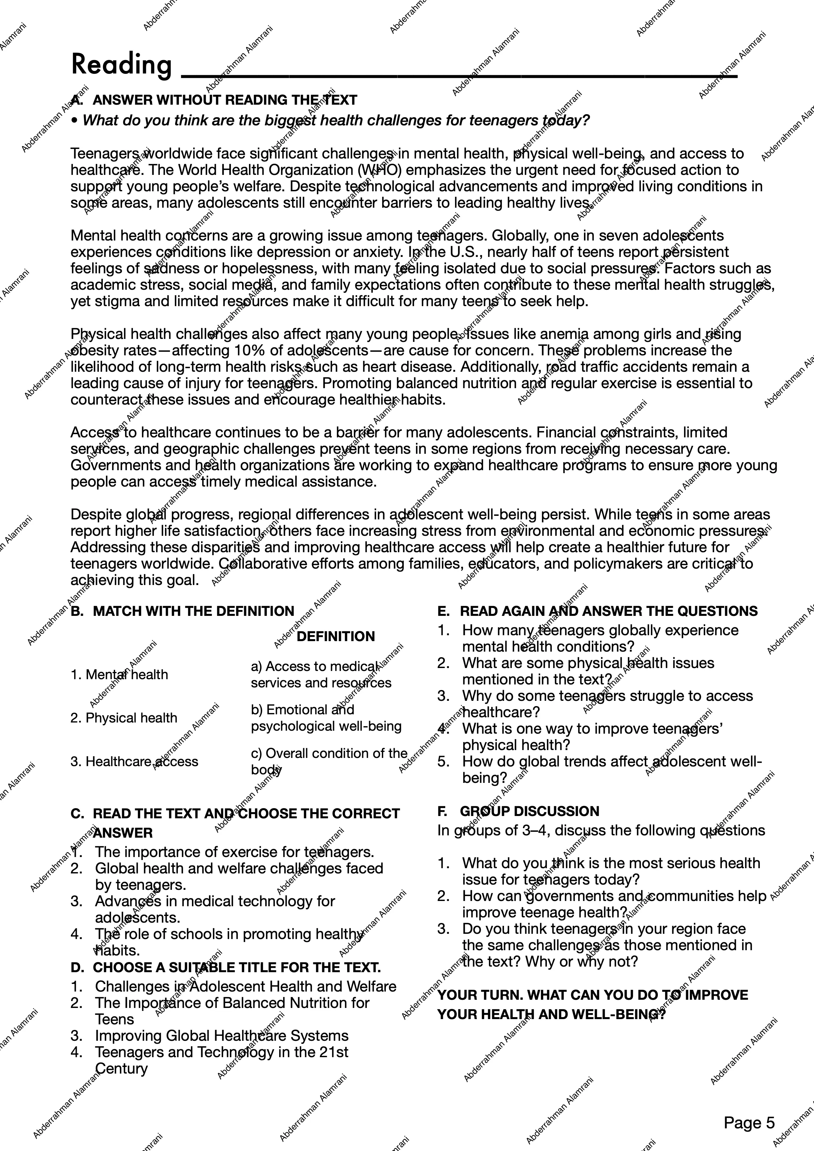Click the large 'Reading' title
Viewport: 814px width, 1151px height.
pyautogui.click(x=121, y=65)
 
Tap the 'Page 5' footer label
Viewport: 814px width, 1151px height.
pyautogui.click(x=749, y=1122)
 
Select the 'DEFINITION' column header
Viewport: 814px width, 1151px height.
pyautogui.click(x=336, y=636)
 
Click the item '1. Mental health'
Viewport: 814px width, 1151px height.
pyautogui.click(x=119, y=675)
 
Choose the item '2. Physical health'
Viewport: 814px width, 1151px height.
pyautogui.click(x=124, y=718)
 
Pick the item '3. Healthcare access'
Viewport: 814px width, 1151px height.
pyautogui.click(x=134, y=762)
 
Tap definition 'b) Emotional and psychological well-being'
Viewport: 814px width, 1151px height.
pyautogui.click(x=326, y=718)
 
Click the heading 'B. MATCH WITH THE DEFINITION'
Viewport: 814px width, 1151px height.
pyautogui.click(x=182, y=611)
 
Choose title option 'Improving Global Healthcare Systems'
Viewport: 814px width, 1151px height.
pyautogui.click(x=221, y=1036)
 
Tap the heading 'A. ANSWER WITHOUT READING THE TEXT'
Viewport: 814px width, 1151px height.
pyautogui.click(x=214, y=100)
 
